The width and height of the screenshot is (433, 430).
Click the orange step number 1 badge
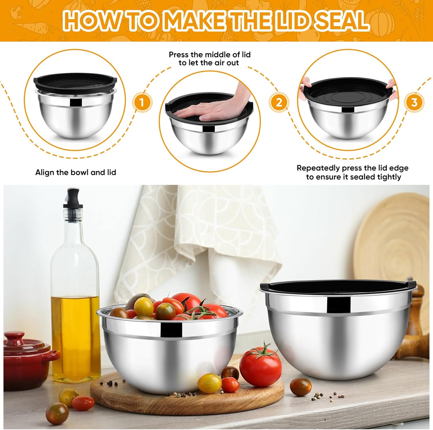(x=142, y=103)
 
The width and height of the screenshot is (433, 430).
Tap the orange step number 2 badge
(x=279, y=102)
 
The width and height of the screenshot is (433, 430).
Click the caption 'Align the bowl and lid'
(x=76, y=172)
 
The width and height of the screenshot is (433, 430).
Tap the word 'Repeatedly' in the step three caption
(x=318, y=168)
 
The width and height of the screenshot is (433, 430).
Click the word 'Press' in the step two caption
(x=178, y=54)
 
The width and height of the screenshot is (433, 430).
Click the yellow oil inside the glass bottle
(x=76, y=332)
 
